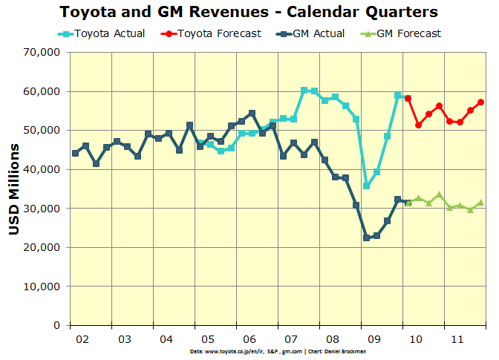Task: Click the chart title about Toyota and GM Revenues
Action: [249, 13]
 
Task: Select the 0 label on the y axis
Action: [56, 325]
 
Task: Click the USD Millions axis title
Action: [14, 189]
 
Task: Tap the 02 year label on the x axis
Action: [83, 338]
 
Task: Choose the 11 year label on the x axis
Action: [457, 338]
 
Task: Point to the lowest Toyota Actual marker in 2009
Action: [366, 186]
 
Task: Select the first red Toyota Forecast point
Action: [408, 99]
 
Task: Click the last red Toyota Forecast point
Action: [480, 102]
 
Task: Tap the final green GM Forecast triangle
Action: [480, 203]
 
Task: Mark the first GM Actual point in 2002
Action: [75, 153]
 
